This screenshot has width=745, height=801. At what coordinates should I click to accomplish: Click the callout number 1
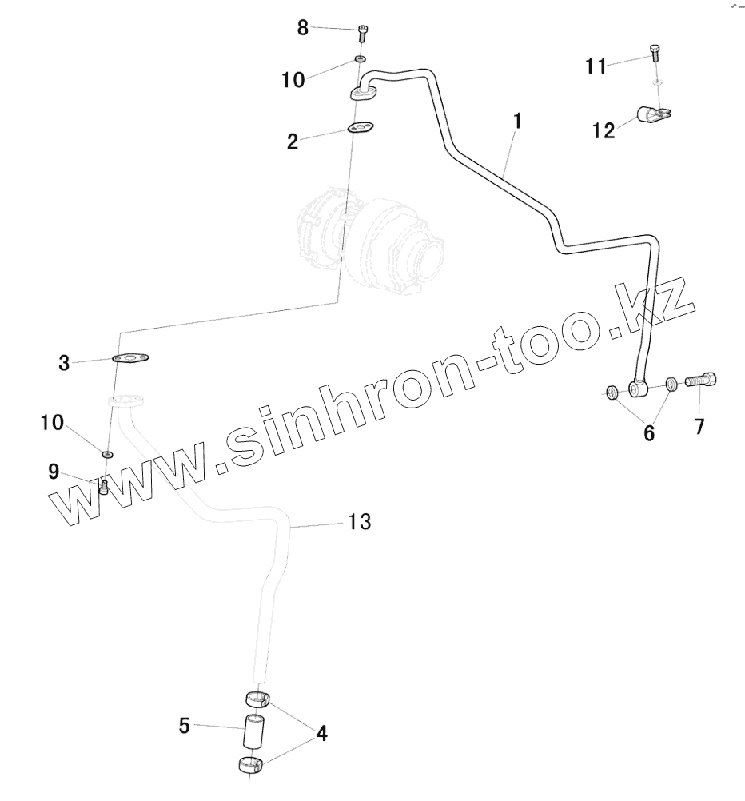pos(517,122)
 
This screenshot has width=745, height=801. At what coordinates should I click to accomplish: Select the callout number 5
pos(184,726)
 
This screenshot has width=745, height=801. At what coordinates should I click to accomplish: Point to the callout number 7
pos(699,427)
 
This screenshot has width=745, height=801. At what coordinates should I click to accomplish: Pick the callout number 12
pos(604,130)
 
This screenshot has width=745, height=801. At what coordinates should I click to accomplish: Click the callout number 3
pos(64,363)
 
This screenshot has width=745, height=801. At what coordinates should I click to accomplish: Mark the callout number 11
pos(596,66)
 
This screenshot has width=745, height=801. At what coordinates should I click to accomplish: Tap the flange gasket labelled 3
pos(133,359)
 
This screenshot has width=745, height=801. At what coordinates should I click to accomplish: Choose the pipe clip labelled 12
pos(653,116)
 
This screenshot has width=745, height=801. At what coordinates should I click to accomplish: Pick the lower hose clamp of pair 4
pos(251,767)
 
